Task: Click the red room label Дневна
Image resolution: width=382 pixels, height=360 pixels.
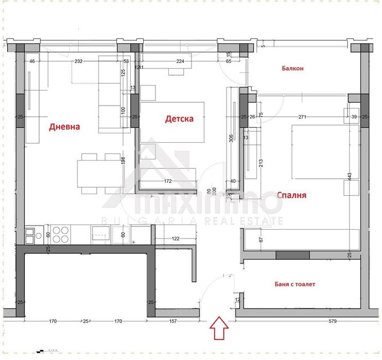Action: pos(64,127)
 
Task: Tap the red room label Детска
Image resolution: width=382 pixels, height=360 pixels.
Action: pos(179,119)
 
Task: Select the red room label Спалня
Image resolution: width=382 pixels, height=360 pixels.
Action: pos(291,195)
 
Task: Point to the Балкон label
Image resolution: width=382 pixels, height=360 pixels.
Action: pos(292,68)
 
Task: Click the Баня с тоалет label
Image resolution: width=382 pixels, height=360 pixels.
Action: pos(294,284)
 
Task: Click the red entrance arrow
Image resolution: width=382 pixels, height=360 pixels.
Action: pos(219,328)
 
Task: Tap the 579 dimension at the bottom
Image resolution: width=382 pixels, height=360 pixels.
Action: pos(332,321)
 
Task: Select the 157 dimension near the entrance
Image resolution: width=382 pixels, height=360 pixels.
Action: pos(172,321)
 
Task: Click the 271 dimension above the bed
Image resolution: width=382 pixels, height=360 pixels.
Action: pos(302,117)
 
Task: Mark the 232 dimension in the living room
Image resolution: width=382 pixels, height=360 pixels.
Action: pos(78,61)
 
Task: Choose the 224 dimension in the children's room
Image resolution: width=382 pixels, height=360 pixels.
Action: pos(180,61)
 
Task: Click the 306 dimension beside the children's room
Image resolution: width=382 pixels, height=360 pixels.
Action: pos(231,140)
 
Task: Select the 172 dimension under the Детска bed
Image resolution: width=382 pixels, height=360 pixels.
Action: pos(167,182)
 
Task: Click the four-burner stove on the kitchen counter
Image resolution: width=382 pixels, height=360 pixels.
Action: pos(60,234)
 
